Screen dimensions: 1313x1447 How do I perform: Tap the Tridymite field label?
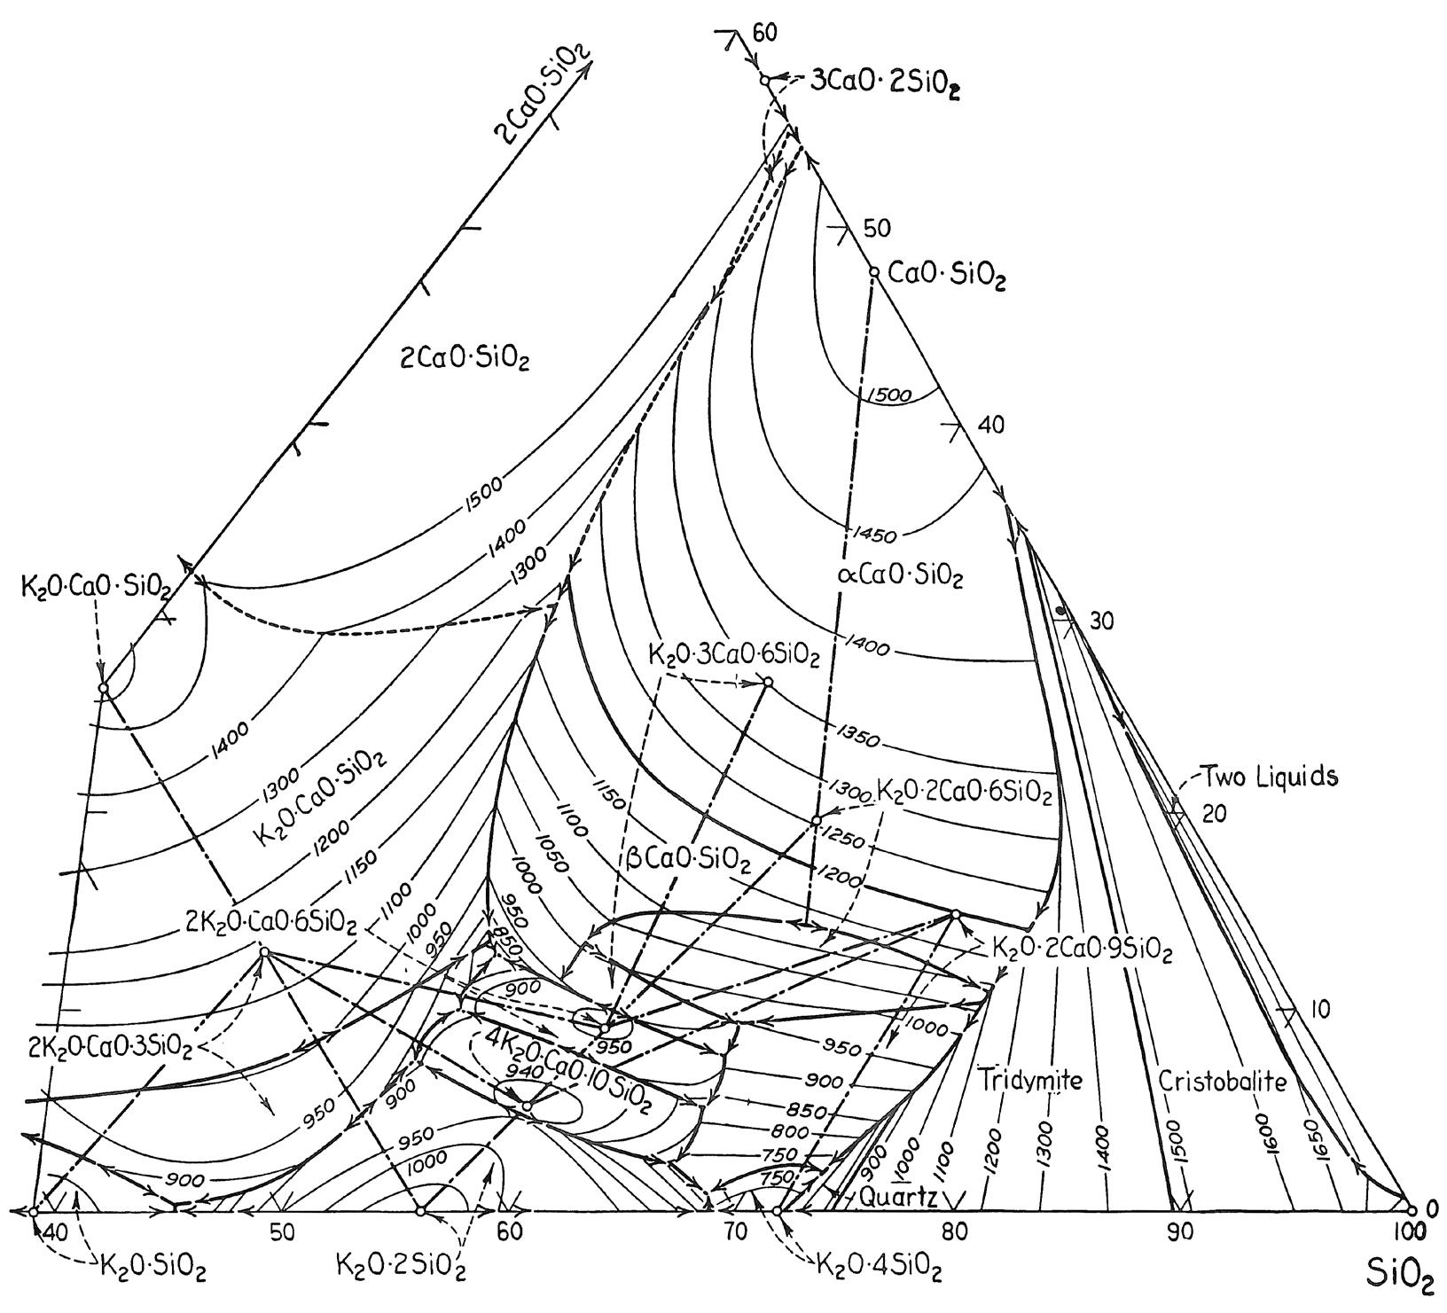1031,1081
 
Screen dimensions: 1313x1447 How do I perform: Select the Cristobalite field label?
1223,1081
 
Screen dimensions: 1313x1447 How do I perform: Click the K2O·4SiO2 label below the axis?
877,1269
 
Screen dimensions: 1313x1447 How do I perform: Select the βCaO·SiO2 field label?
688,863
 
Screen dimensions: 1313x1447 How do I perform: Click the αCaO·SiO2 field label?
900,576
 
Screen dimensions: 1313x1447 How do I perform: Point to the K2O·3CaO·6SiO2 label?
733,656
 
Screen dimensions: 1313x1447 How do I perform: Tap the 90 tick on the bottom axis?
1178,1232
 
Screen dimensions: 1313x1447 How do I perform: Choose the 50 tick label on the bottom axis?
282,1232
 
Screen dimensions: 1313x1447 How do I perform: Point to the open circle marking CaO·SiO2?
872,272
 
